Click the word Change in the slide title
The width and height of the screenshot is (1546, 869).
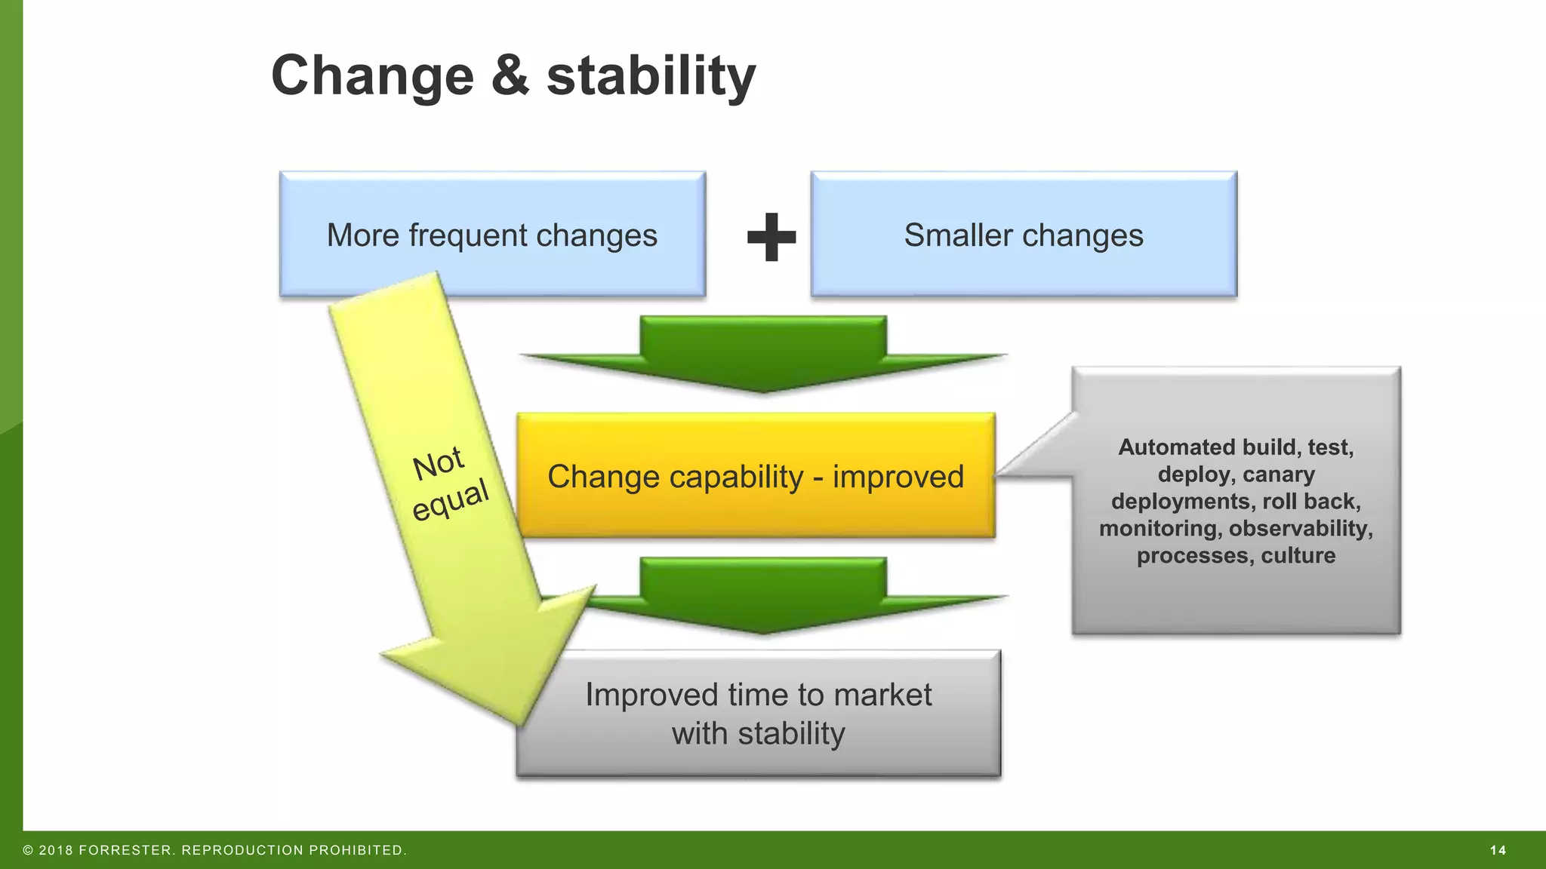coord(372,76)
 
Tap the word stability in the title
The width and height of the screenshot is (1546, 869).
coord(651,76)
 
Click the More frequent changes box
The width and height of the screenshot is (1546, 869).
coord(492,235)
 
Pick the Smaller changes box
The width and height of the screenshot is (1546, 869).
coord(1024,235)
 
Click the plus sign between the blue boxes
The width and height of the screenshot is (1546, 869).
coord(771,237)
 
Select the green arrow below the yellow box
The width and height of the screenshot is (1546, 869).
coord(764,595)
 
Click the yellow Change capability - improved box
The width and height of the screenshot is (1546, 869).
coord(756,476)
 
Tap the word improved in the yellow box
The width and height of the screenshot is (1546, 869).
coord(898,477)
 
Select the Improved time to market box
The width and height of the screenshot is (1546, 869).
coord(758,713)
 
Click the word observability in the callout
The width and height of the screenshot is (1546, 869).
coord(1300,528)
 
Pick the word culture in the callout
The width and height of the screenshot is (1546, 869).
coord(1298,555)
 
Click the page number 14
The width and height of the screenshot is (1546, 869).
coord(1498,850)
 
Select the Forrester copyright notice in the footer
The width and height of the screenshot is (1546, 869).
coord(215,850)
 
